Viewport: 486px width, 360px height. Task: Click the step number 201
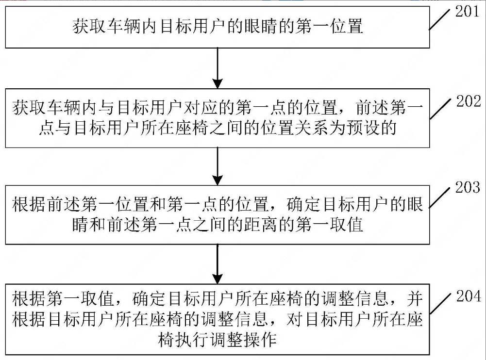[x=468, y=12]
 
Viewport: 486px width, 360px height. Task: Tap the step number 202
[x=469, y=101]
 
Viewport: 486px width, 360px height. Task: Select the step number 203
[x=468, y=187]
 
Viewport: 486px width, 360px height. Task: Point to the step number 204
[x=469, y=296]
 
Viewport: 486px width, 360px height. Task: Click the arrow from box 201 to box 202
[x=218, y=68]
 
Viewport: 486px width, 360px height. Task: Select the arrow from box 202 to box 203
[x=218, y=166]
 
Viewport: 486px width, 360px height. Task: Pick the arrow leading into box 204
[x=218, y=264]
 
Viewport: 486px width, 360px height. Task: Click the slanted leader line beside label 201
[x=439, y=20]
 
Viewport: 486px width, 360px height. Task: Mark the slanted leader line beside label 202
[x=439, y=109]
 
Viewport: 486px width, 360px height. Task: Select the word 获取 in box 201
[x=88, y=26]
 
